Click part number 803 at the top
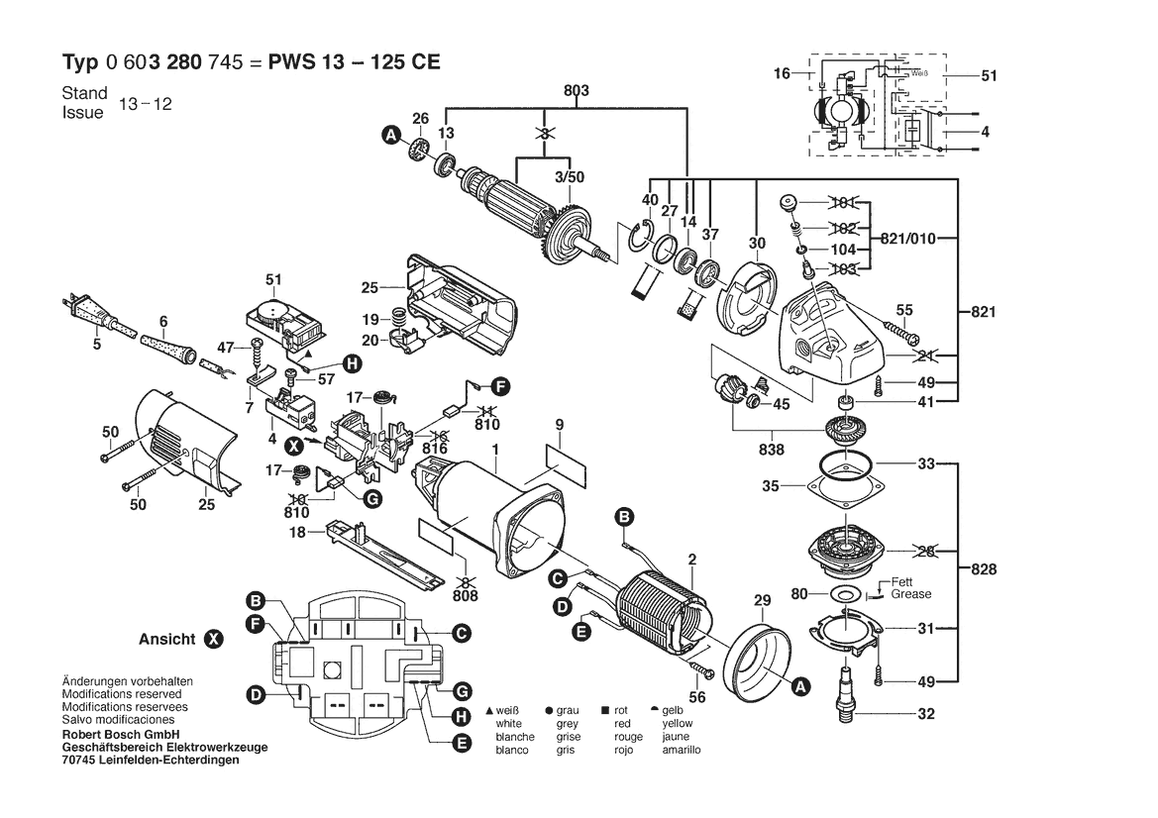pyautogui.click(x=577, y=91)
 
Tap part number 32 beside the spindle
pyautogui.click(x=926, y=713)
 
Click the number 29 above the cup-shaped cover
pyautogui.click(x=761, y=600)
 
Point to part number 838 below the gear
pyautogui.click(x=772, y=450)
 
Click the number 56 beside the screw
pyautogui.click(x=697, y=696)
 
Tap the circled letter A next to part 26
pyautogui.click(x=391, y=136)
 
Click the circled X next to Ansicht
pyautogui.click(x=213, y=639)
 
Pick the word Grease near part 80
pyautogui.click(x=910, y=594)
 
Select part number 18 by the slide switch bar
pyautogui.click(x=295, y=533)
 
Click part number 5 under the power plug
pyautogui.click(x=97, y=345)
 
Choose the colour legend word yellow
pyautogui.click(x=679, y=724)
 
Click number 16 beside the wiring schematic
pyautogui.click(x=782, y=73)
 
